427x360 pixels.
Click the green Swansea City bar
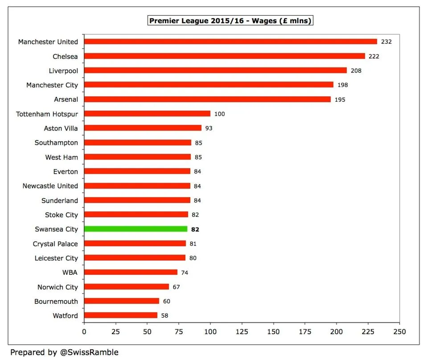coord(135,229)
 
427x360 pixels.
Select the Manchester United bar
coord(230,41)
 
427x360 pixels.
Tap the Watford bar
coord(121,315)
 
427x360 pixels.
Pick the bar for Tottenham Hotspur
coord(147,114)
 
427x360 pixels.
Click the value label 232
coord(386,41)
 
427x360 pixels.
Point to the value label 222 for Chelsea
coord(374,56)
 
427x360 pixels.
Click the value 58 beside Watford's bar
coord(165,316)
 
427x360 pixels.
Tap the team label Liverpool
coord(63,70)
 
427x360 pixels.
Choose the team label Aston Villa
coord(61,128)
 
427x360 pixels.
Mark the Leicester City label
coord(56,258)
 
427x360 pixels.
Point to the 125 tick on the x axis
coord(242,332)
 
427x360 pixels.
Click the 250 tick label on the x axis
coord(399,332)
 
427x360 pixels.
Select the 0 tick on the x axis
coord(84,332)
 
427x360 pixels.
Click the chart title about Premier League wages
coord(230,21)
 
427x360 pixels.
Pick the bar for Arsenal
coord(207,99)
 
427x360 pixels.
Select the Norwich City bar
coord(127,286)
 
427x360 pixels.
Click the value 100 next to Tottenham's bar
coord(219,114)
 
